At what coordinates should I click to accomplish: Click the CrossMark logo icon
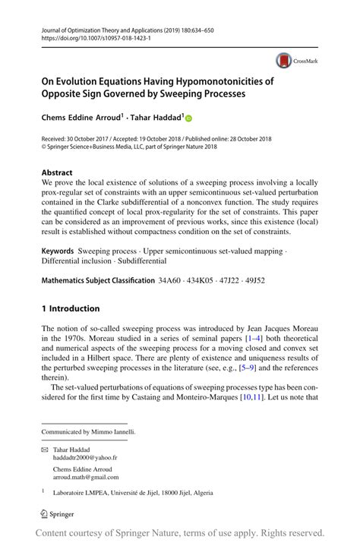[283, 60]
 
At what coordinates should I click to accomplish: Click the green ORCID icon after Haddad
[189, 118]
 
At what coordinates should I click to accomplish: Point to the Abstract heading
[58, 172]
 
